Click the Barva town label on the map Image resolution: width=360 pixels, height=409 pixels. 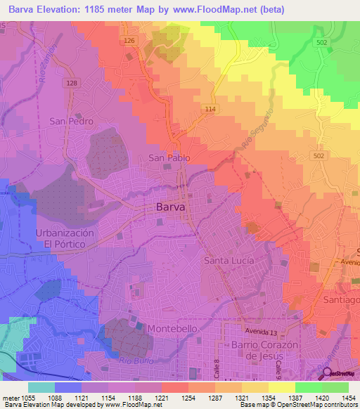click(x=169, y=208)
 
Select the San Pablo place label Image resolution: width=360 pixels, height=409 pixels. click(x=169, y=158)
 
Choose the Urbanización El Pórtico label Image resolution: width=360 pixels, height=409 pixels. click(x=65, y=238)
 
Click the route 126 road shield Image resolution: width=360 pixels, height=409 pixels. click(x=129, y=41)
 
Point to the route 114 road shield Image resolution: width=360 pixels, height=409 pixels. click(x=210, y=108)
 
